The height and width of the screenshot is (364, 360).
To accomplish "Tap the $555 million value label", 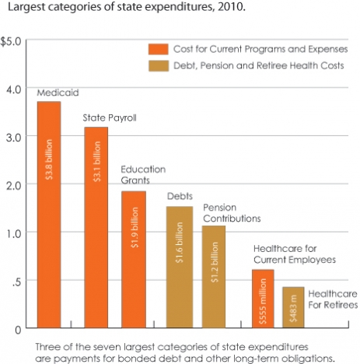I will (x=262, y=296).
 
